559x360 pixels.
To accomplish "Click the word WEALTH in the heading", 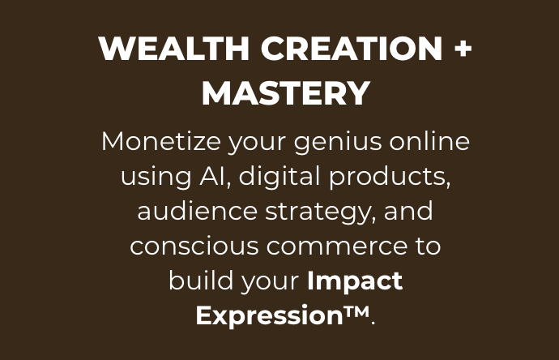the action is coord(174,48).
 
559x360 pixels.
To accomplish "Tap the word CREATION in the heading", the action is coord(352,48).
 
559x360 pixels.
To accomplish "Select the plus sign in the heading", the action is coord(463,49).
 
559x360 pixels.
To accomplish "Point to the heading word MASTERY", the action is coord(286,93).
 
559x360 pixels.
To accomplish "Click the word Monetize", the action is coord(161,142).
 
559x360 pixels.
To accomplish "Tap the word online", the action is coord(429,141).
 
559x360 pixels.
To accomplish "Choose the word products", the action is coord(387,176).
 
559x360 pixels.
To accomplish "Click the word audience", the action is coord(198,211).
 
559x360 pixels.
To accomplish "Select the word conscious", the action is coord(194,246).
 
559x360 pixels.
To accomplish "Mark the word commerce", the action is coord(336,246).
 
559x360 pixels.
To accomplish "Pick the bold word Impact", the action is coord(355,281).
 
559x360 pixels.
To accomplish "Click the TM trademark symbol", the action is coord(356,311).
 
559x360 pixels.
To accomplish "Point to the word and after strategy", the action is coord(408,211).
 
